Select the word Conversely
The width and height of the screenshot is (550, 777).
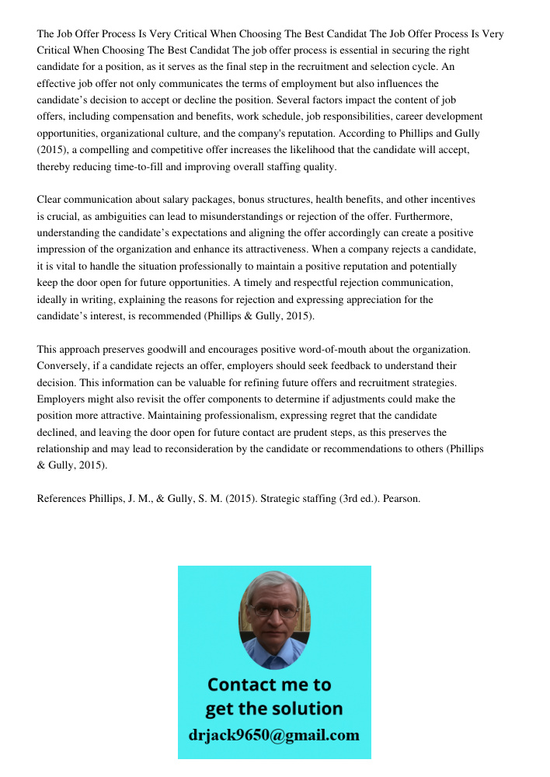(x=63, y=365)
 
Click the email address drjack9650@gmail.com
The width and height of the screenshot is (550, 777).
(x=273, y=735)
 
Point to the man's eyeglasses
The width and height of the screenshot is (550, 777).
(x=274, y=611)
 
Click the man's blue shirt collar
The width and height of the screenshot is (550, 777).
(x=273, y=653)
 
